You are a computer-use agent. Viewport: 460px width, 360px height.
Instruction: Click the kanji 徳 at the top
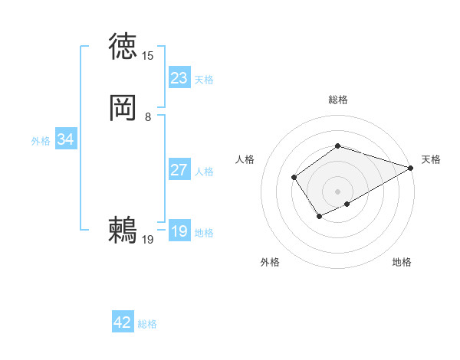point(123,47)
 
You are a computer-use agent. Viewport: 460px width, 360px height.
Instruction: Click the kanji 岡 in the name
point(123,108)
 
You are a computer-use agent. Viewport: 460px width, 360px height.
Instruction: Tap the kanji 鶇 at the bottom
point(123,230)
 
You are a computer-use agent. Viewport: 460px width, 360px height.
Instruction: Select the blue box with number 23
point(179,78)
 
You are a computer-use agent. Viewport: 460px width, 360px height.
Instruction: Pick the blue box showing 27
point(179,170)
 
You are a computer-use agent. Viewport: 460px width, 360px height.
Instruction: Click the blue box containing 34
point(65,139)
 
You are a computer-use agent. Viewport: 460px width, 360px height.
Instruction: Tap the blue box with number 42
point(123,322)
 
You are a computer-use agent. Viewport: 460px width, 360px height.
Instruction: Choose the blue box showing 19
point(179,231)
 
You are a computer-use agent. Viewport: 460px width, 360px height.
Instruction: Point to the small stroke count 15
point(147,56)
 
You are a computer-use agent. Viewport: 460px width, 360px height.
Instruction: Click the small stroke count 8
point(147,117)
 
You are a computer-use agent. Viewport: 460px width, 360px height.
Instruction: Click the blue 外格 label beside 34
point(41,141)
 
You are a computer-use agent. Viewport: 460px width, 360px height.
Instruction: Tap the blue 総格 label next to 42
point(147,324)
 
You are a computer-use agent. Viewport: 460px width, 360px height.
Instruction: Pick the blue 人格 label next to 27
point(204,172)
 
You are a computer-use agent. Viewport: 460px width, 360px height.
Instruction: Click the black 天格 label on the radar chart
point(431,159)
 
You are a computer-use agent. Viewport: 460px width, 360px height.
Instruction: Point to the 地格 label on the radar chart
point(402,262)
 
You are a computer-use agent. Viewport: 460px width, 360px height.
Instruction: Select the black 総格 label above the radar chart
point(337,100)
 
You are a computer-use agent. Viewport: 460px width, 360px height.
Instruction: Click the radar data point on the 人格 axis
point(294,178)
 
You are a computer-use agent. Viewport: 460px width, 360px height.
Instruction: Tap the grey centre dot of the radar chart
point(337,191)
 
